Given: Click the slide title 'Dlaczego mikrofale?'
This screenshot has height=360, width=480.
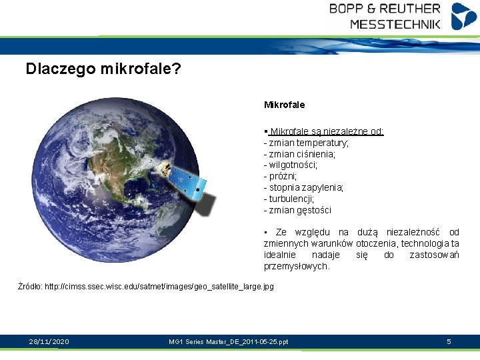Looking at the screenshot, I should (103, 69).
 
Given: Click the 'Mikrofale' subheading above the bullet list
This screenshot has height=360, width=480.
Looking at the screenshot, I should (285, 105).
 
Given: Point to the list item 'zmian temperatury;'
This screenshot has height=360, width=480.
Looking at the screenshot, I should (307, 143).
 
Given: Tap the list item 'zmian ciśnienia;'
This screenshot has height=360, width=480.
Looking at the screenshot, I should (301, 154).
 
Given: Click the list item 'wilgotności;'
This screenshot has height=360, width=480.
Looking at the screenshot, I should (291, 165).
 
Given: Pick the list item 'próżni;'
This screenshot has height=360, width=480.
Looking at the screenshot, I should (281, 176).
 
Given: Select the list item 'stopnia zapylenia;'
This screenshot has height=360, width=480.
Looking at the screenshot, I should (305, 187).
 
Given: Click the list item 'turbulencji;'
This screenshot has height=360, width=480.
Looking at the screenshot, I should (290, 199).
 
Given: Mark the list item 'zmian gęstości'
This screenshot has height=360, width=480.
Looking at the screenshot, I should (298, 210).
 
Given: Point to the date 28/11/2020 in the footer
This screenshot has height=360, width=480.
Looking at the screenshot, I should (49, 342).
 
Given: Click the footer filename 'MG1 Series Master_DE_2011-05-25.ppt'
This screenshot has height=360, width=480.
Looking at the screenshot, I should (229, 342).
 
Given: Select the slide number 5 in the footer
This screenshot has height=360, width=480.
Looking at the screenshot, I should (449, 342).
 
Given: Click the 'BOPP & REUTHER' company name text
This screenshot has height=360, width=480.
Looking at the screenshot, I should (385, 9).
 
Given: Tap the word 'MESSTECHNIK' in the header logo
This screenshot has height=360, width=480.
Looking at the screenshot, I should (395, 24).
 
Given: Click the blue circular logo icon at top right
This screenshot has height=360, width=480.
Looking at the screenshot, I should (464, 16).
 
